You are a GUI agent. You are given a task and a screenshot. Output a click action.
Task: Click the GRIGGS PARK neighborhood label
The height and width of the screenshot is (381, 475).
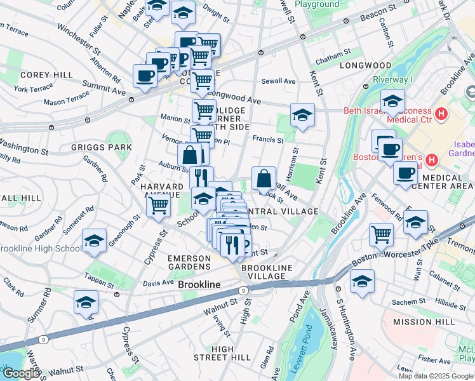[102, 147]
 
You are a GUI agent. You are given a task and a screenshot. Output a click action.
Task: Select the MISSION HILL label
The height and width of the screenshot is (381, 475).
[424, 322]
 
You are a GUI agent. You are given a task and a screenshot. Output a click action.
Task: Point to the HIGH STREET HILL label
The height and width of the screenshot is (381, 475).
[222, 354]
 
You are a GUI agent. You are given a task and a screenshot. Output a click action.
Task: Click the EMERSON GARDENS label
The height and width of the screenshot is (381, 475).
[189, 264]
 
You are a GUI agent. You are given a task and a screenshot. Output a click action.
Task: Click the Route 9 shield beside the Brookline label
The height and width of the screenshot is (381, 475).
[243, 290]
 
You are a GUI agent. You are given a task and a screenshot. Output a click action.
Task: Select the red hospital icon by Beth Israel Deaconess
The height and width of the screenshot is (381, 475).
[441, 114]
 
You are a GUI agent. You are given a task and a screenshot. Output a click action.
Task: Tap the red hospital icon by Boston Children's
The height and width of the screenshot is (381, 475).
[432, 159]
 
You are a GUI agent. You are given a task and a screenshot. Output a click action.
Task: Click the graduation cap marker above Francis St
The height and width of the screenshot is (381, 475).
[302, 116]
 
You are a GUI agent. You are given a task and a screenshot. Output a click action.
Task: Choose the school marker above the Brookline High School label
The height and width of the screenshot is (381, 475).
[94, 241]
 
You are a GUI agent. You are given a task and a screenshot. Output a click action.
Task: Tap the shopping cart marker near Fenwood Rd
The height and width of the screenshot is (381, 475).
[381, 234]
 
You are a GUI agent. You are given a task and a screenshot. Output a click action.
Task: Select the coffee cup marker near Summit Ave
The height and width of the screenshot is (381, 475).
[145, 76]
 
